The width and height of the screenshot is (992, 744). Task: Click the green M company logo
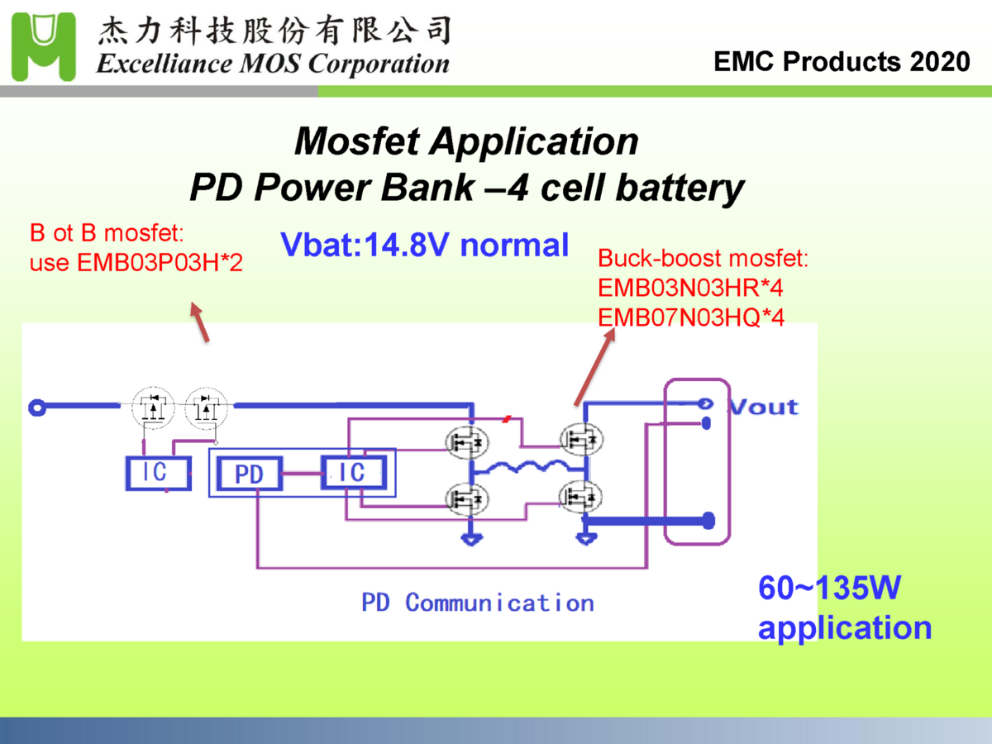coord(43,45)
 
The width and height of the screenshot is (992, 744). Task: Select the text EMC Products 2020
coord(842,62)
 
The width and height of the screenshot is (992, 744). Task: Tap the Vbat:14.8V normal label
coord(425,246)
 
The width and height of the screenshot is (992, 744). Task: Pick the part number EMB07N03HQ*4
coord(690,317)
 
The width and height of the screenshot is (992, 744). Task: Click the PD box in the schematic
coord(249,475)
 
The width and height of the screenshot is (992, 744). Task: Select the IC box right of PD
coord(353,472)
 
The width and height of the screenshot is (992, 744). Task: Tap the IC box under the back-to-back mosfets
coord(156,471)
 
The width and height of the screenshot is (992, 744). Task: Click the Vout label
coord(763,407)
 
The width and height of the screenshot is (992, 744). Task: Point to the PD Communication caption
coord(478,603)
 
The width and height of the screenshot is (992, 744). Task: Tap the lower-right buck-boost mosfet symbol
coord(580,497)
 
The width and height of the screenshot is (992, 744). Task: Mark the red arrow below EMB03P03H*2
coord(200,322)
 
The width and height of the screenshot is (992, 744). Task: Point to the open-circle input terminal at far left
coord(36,406)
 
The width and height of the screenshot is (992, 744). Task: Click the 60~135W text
coord(829,589)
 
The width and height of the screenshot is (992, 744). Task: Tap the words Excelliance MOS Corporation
coord(273,64)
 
